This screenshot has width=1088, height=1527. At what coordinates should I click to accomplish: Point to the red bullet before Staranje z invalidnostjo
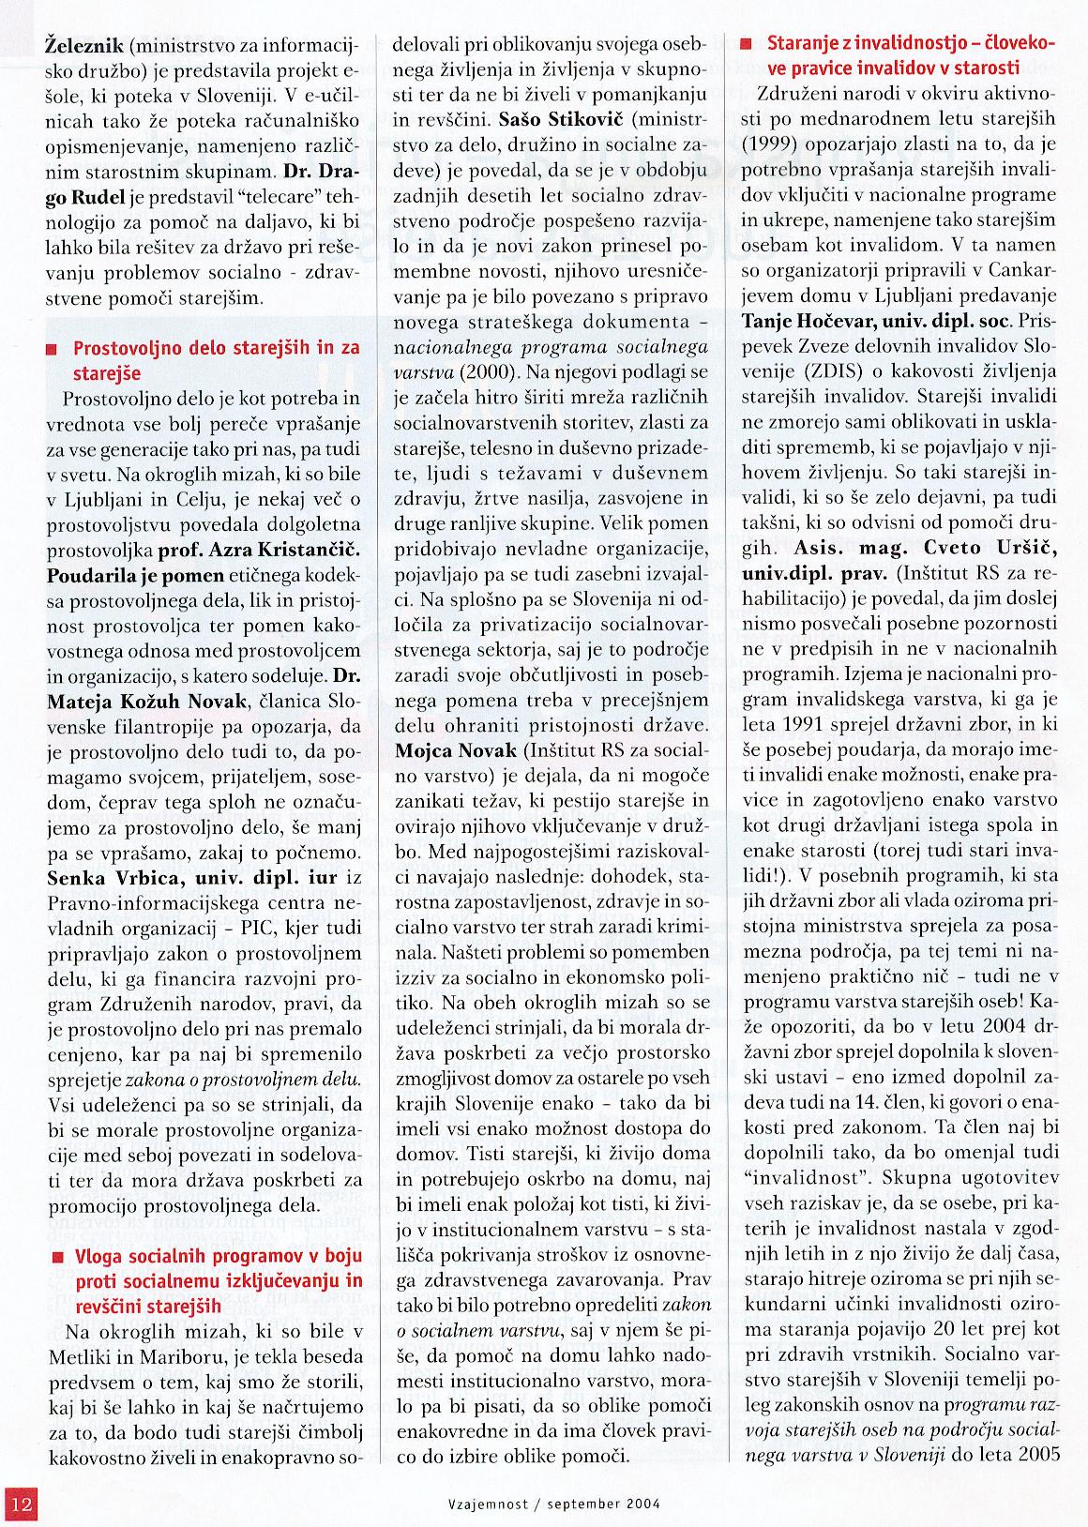tap(747, 44)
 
